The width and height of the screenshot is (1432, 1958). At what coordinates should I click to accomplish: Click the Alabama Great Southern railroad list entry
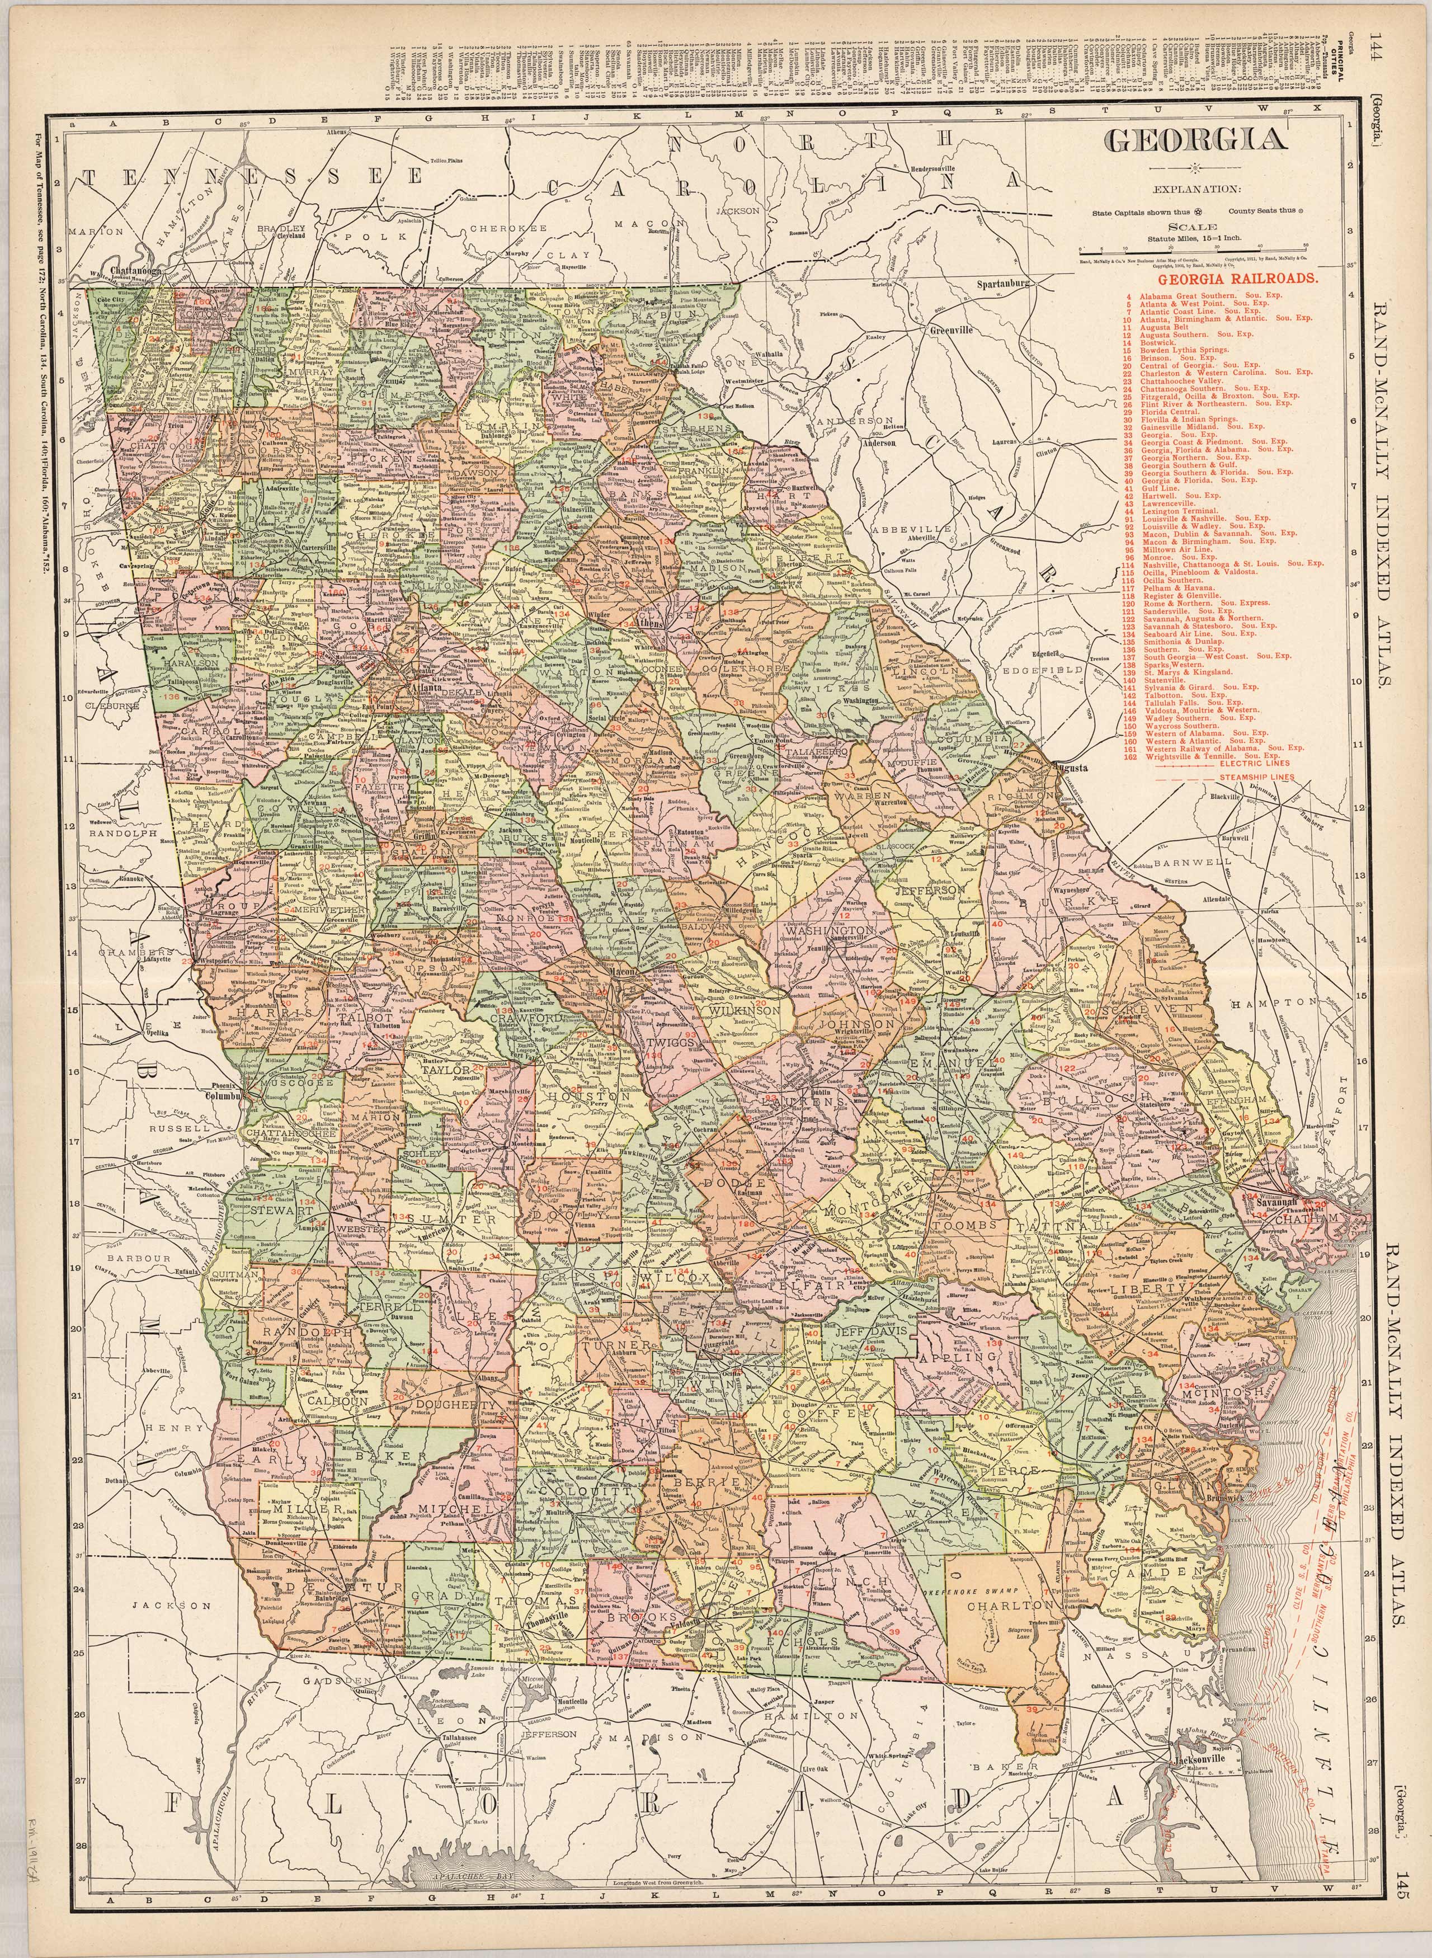(1195, 296)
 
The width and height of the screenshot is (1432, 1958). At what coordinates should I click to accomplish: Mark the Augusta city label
(1071, 768)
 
